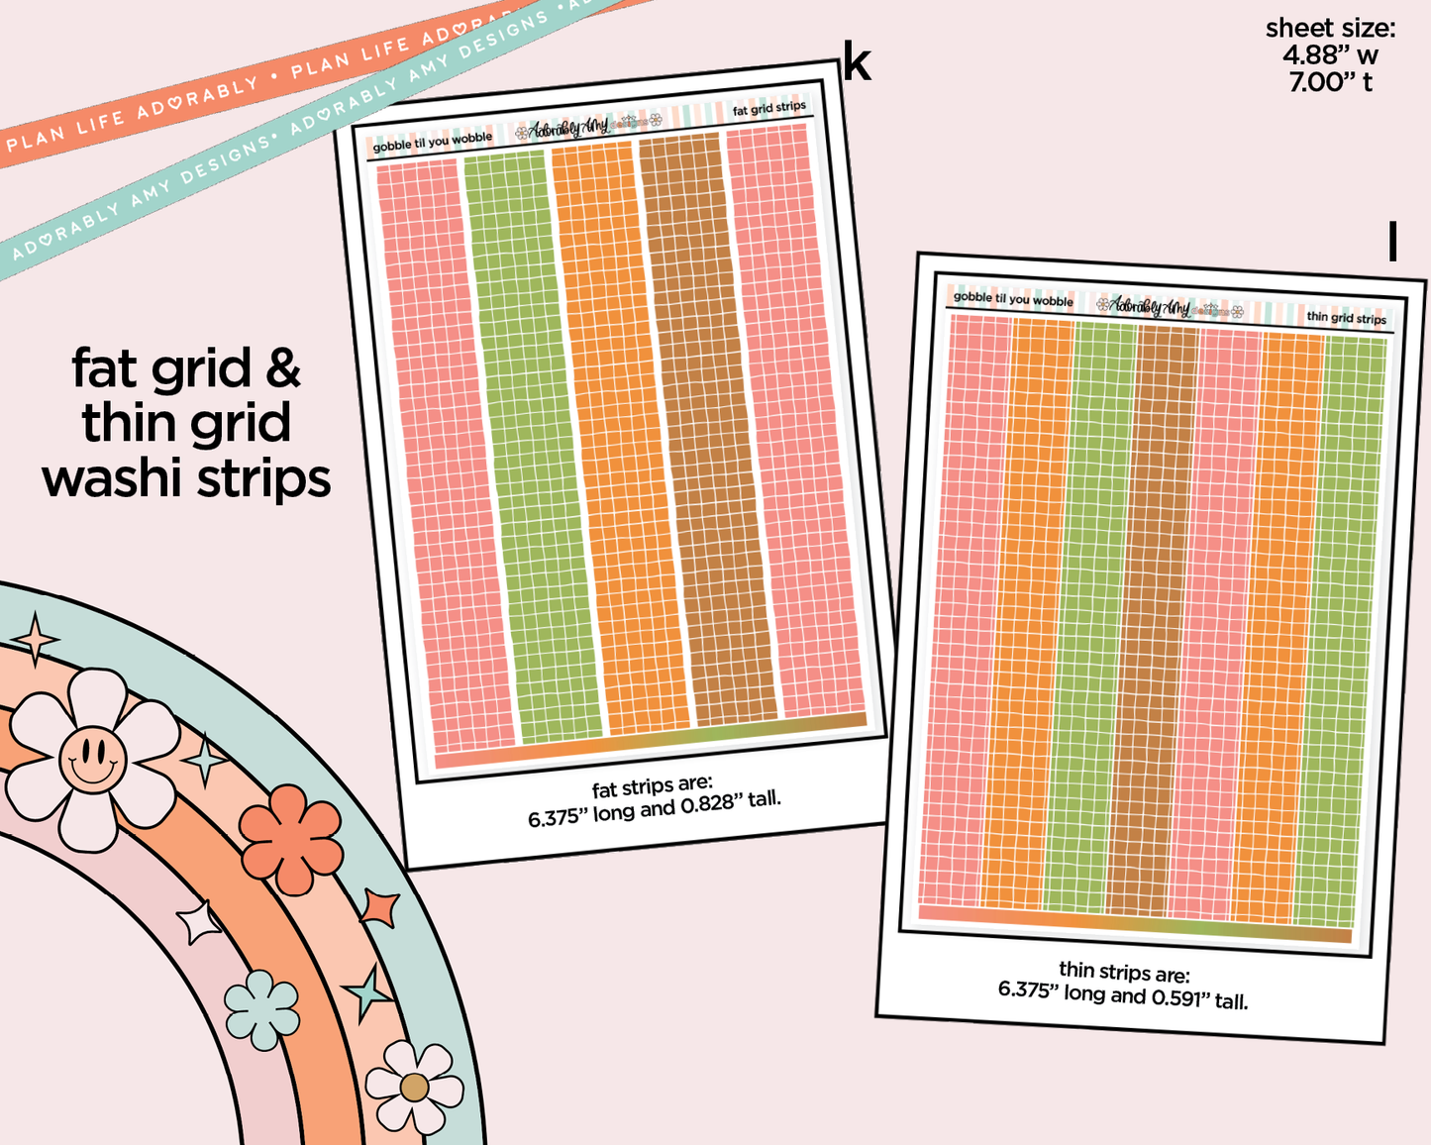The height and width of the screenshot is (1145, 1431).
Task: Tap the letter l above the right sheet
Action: pyautogui.click(x=1392, y=242)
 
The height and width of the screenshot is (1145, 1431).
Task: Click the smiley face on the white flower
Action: pyautogui.click(x=92, y=759)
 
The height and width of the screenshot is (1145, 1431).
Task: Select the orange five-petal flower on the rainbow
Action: pyautogui.click(x=291, y=839)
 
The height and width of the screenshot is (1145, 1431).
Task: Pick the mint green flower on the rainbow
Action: pyautogui.click(x=261, y=1009)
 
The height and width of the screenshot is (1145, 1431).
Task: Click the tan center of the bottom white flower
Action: pyautogui.click(x=414, y=1088)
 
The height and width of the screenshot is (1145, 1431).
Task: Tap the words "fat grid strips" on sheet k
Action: pyautogui.click(x=768, y=108)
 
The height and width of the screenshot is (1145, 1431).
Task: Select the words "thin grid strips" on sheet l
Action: pyautogui.click(x=1346, y=318)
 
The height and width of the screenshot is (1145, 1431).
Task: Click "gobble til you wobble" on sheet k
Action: pyautogui.click(x=433, y=142)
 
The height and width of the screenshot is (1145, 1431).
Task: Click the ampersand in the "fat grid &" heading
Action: pyautogui.click(x=282, y=368)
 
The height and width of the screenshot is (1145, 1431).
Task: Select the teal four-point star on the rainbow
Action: pyautogui.click(x=367, y=991)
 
